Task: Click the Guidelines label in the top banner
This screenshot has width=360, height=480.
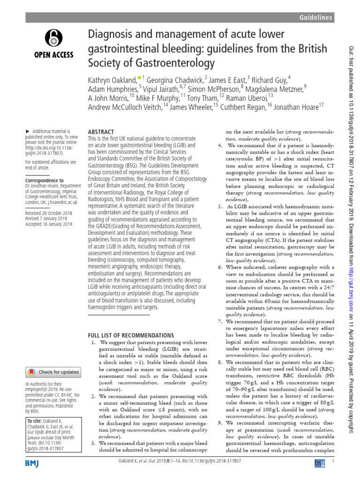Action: click(316, 17)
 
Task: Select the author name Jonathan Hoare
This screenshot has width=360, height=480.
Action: click(297, 107)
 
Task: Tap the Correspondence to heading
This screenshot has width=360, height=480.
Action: click(44, 180)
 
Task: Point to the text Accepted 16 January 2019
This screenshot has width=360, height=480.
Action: click(49, 225)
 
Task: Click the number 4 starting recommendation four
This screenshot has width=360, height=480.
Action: click(219, 146)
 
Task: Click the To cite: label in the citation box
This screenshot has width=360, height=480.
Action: click(35, 420)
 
